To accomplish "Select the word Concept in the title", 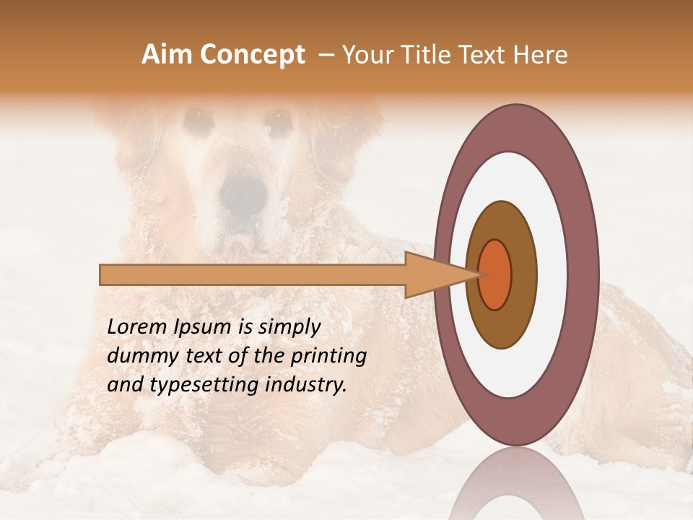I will click(x=252, y=55).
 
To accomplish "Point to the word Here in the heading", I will click(x=541, y=55).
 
